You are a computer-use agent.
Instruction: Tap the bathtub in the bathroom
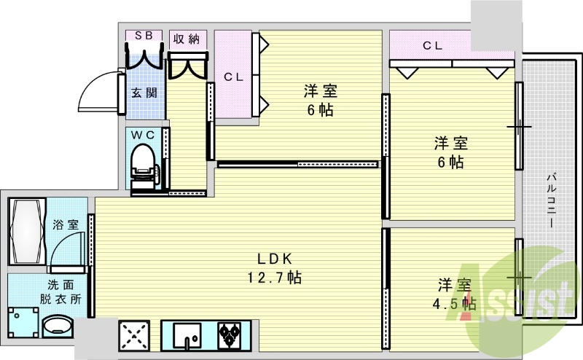tap(28, 230)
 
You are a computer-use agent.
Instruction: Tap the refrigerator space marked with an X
tap(134, 337)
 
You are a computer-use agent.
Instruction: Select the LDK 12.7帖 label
tap(275, 268)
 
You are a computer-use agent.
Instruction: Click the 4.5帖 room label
tap(457, 294)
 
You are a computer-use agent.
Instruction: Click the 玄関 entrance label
tap(144, 93)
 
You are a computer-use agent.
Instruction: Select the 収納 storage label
tap(187, 38)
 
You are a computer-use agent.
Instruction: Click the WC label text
tap(142, 135)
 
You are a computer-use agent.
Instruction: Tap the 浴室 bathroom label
tap(66, 225)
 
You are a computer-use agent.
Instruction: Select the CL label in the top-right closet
tap(432, 46)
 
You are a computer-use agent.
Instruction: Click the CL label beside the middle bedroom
tap(232, 76)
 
